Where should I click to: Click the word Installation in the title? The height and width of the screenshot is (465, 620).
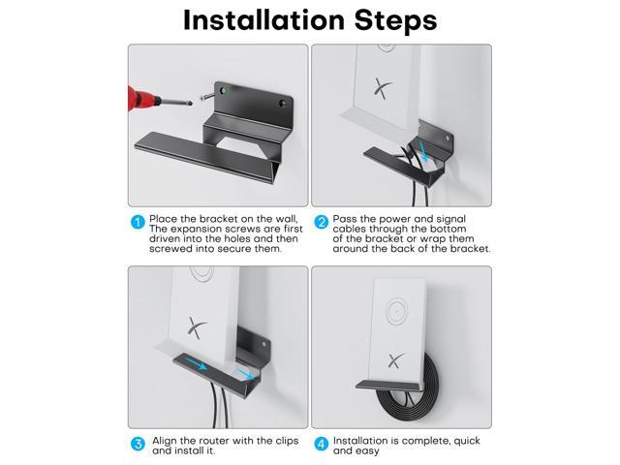tap(264, 19)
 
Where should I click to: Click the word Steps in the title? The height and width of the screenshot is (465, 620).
tap(395, 21)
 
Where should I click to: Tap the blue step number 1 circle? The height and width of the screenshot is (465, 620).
tap(138, 222)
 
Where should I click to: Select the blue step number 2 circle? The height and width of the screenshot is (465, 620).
tap(321, 222)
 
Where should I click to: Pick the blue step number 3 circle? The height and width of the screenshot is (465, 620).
tap(138, 444)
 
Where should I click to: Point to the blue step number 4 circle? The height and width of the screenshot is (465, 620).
tap(321, 444)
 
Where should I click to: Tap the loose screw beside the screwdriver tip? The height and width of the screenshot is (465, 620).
tap(206, 96)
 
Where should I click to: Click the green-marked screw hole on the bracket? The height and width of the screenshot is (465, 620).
tap(224, 91)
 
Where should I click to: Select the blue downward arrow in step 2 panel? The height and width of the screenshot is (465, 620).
tap(424, 152)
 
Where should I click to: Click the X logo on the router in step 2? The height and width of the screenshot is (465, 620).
tap(383, 88)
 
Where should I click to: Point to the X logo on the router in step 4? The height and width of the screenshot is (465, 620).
tap(396, 360)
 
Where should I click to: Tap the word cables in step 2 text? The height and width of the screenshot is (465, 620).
tap(349, 229)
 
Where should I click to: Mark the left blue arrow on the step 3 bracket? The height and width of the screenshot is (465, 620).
tap(197, 364)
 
